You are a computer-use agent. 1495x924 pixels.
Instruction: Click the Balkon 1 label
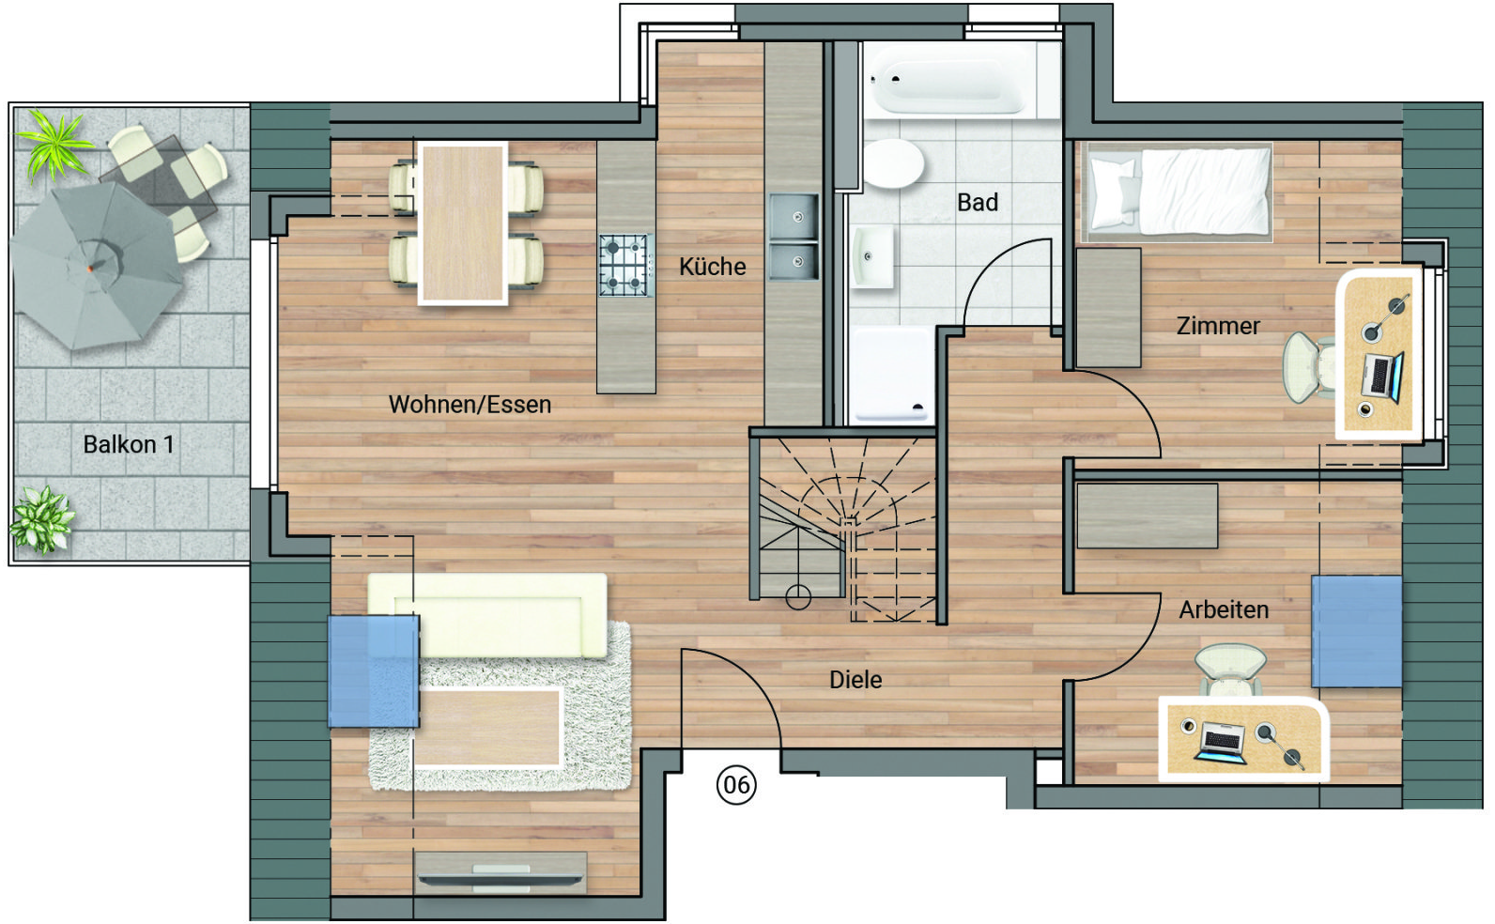(129, 444)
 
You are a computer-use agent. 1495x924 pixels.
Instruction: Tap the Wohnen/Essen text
(470, 405)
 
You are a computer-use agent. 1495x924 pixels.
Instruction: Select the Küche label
(712, 267)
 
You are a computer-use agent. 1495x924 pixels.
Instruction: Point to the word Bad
(978, 202)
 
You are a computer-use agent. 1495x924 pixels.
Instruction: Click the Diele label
(855, 680)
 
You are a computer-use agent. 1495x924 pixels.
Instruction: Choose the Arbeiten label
(1224, 609)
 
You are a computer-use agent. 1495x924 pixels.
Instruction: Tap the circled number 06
(736, 785)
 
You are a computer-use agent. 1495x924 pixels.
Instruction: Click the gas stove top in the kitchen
(624, 265)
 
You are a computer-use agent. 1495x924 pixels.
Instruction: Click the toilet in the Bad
(893, 163)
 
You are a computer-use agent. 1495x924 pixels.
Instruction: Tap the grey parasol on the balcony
(97, 266)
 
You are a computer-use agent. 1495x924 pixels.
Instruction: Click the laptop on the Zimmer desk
(1381, 377)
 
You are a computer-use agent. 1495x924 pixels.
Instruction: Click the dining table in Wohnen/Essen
(463, 223)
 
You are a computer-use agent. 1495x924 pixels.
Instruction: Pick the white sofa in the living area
(487, 616)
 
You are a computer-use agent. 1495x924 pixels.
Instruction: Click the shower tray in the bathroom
(892, 375)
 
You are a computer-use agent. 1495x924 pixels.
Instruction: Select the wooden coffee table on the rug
(486, 727)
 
